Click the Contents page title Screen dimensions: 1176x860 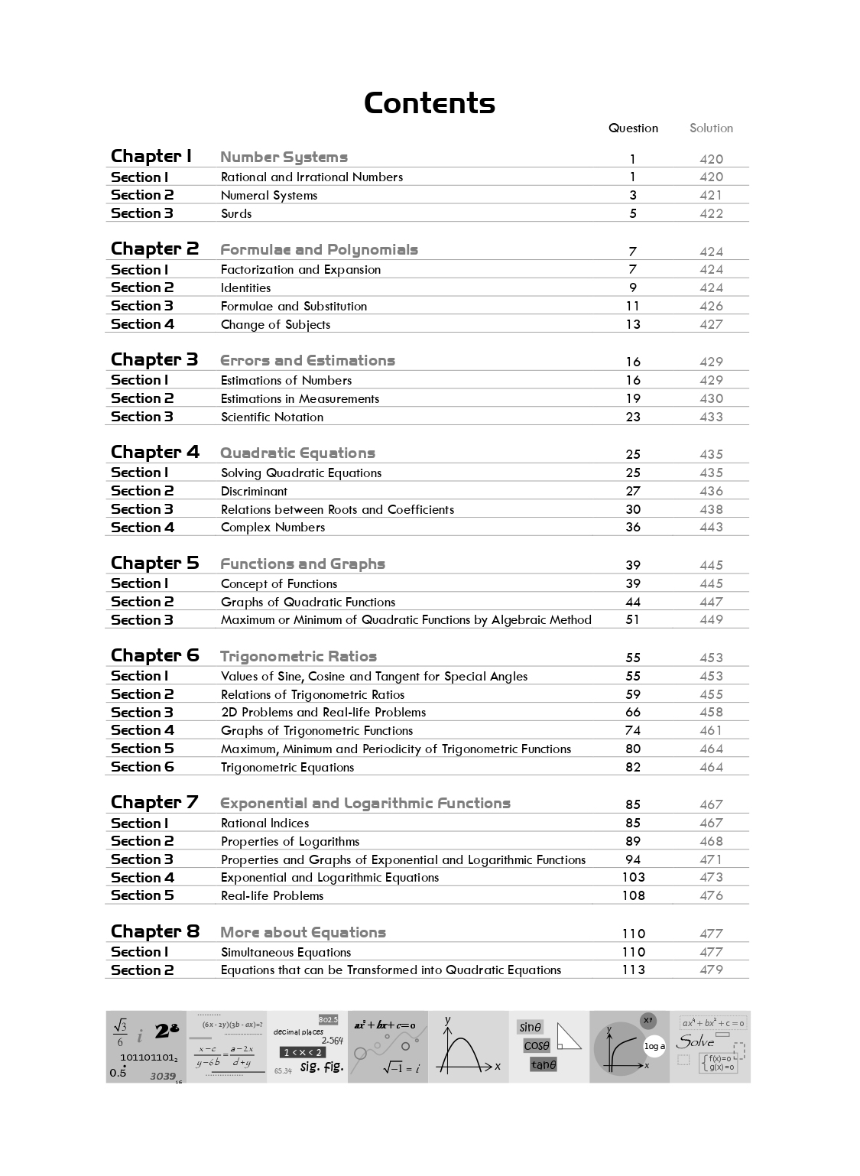430,103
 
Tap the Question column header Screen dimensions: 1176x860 633,128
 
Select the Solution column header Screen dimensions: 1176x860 711,128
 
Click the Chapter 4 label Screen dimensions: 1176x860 154,452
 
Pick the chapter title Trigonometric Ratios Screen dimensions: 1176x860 298,656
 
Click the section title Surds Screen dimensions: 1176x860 236,213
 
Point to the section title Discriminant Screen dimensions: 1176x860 254,491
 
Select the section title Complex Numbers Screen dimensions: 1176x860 273,527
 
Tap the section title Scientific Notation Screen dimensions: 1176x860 272,417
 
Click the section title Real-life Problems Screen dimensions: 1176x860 272,895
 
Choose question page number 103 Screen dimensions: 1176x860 633,877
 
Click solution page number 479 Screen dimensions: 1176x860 711,970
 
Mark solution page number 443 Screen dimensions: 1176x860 711,527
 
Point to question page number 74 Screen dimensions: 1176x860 633,730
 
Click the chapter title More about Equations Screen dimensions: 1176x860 303,932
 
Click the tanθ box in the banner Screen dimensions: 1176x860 544,1064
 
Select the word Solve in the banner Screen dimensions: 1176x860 696,1041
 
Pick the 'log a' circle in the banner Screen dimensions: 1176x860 654,1046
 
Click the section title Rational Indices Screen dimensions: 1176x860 264,823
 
